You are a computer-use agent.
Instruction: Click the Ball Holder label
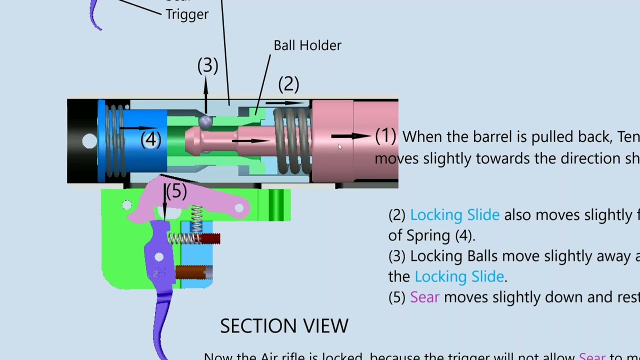point(307,45)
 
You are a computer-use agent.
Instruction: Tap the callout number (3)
point(207,65)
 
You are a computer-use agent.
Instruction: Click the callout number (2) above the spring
point(288,84)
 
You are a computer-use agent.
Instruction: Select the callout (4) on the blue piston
point(150,140)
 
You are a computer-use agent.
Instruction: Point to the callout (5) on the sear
point(176,191)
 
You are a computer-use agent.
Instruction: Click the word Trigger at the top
point(187,14)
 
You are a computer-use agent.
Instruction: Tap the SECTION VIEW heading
point(284,326)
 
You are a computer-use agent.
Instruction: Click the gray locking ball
point(205,121)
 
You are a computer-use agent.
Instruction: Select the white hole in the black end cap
point(89,141)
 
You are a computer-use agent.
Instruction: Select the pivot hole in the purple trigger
point(159,257)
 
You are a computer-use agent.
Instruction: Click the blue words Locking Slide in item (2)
point(454,215)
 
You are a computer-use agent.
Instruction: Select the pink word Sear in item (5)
point(424,297)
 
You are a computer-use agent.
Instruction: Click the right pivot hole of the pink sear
point(240,207)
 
